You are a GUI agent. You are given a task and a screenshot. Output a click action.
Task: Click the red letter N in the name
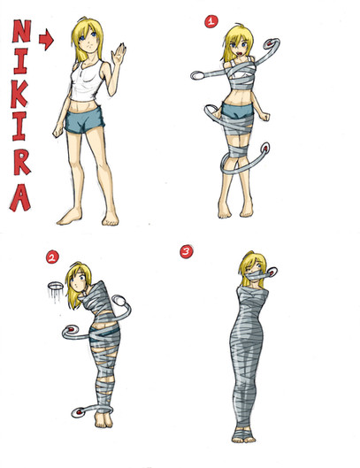[x=21, y=31]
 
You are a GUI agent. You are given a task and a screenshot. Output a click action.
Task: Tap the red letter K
[x=19, y=95]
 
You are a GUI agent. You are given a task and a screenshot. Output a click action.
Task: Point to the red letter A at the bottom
[x=20, y=197]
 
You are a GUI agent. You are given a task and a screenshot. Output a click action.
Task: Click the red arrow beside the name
[x=46, y=40]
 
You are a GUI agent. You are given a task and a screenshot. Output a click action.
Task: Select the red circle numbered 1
[x=211, y=21]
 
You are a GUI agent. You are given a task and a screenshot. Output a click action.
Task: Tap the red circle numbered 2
[x=52, y=257]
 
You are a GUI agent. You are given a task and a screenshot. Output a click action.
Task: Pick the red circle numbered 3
[x=187, y=252]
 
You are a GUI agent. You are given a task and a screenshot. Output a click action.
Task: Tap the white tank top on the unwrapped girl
[x=85, y=81]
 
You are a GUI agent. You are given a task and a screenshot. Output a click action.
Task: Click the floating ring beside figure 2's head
[x=55, y=287]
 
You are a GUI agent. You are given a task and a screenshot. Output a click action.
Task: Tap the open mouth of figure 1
[x=240, y=53]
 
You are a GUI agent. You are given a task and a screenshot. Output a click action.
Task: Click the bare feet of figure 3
[x=243, y=439]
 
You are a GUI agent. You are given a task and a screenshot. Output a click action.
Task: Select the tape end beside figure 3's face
[x=271, y=272]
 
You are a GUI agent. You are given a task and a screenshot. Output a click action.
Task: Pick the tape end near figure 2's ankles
[x=79, y=412]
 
